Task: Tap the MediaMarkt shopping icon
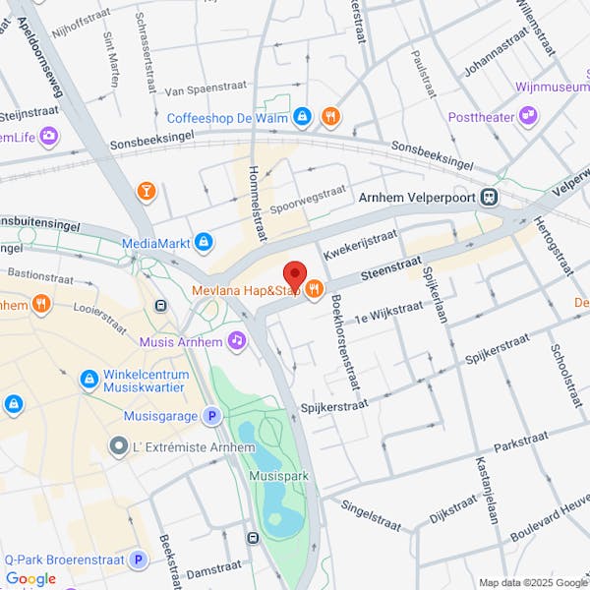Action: tap(204, 241)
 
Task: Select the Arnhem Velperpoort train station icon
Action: tap(489, 197)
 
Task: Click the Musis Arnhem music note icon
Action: tap(236, 340)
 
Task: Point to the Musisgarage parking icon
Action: tap(211, 416)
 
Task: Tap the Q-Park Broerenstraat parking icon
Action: tap(139, 560)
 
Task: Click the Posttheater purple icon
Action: tap(529, 116)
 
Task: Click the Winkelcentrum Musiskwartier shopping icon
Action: tap(88, 379)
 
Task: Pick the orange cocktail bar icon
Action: tap(147, 190)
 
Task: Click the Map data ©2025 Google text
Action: tap(532, 582)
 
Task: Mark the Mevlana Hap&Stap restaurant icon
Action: tap(314, 289)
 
